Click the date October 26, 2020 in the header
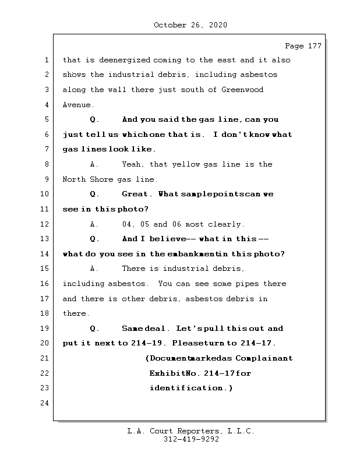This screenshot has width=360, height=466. pyautogui.click(x=190, y=25)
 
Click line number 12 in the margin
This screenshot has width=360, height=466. pyautogui.click(x=45, y=224)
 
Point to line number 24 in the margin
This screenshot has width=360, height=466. pyautogui.click(x=45, y=403)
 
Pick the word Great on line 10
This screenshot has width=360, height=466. pyautogui.click(x=135, y=194)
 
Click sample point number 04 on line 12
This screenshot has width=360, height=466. pyautogui.click(x=128, y=224)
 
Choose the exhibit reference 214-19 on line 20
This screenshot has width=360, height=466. pyautogui.click(x=140, y=344)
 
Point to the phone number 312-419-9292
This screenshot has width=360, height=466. pyautogui.click(x=190, y=440)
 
